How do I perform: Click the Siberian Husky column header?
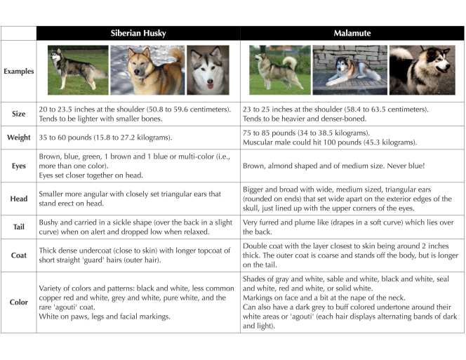(138, 33)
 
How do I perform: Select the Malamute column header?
(352, 33)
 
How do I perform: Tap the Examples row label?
(18, 72)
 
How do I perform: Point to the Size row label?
(18, 114)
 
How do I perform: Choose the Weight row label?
(18, 138)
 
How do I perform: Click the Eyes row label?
(18, 166)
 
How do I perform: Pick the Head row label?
(18, 199)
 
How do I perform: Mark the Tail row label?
(18, 227)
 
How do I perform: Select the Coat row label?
(18, 255)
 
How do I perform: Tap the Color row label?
(18, 302)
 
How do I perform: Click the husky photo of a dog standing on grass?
(78, 70)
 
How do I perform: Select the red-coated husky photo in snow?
(147, 70)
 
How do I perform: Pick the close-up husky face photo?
(208, 70)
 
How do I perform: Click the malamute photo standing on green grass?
(279, 70)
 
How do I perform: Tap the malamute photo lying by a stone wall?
(349, 70)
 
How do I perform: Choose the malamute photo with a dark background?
(422, 70)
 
